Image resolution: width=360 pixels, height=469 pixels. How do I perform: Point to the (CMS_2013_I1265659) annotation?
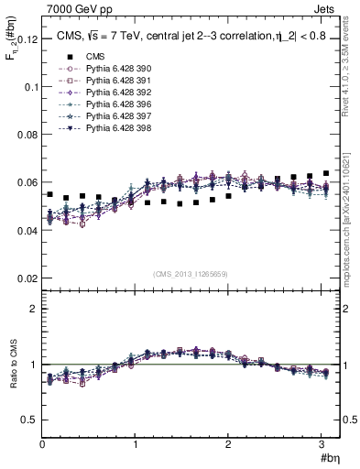click(191, 274)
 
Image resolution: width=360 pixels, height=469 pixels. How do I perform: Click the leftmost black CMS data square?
click(50, 195)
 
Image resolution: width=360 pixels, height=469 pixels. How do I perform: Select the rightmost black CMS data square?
click(326, 173)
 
